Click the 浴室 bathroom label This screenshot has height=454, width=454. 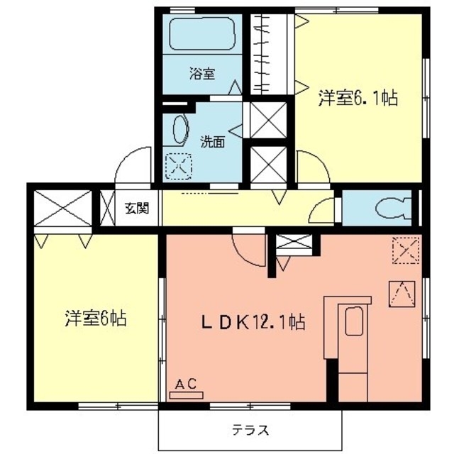pyautogui.click(x=201, y=73)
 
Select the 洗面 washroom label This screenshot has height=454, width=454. pyautogui.click(x=211, y=141)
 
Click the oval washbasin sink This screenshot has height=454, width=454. pyautogui.click(x=178, y=132)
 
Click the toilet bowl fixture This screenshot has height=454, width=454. pyautogui.click(x=391, y=208)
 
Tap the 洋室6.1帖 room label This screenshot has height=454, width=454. pyautogui.click(x=357, y=99)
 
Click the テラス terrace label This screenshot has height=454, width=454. pyautogui.click(x=250, y=429)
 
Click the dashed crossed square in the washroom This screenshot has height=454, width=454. pyautogui.click(x=177, y=167)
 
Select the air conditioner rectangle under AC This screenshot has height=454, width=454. pyautogui.click(x=186, y=394)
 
